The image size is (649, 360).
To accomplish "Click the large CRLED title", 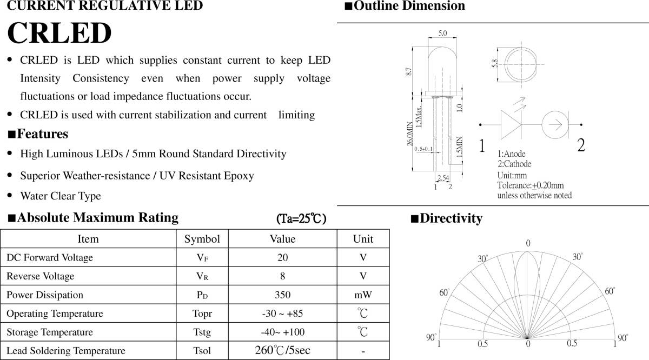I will coord(59,34).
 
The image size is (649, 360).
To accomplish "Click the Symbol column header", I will coord(202,239).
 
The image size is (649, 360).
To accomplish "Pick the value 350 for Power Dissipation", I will coord(282,295).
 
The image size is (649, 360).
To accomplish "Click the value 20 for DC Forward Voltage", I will coord(282,258).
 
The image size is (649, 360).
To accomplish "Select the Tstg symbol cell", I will coord(202,332).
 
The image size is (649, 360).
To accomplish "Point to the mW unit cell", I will coord(363,295).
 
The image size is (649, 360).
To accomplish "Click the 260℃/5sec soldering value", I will coord(282,350).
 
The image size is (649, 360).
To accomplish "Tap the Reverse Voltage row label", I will coord(40,276).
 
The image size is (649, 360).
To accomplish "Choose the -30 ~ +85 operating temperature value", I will coord(282,314).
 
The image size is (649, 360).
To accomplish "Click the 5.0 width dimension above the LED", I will coord(442,34).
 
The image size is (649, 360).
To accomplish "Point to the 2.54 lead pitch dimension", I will coord(442,178).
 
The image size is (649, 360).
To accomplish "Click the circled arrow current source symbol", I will coord(555,125).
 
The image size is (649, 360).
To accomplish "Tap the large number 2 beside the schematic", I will coord(581,145).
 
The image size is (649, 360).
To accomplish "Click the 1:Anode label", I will coord(511,154).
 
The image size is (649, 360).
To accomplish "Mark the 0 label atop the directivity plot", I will coord(528,243).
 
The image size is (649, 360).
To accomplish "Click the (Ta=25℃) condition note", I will coord(301,219).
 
